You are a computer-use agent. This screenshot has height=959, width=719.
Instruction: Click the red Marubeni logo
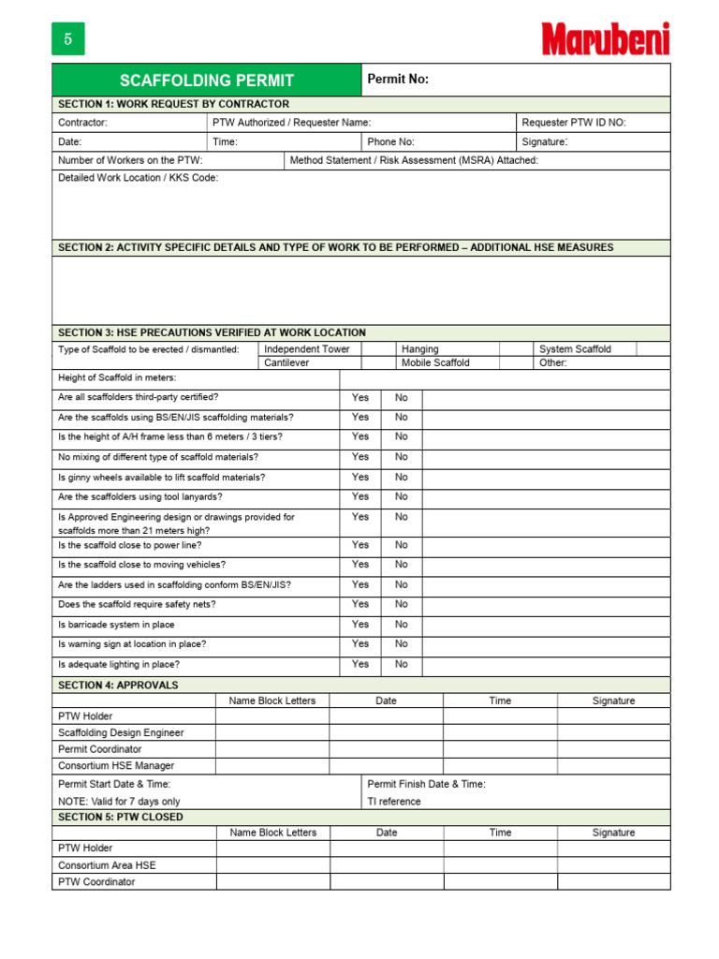pyautogui.click(x=606, y=38)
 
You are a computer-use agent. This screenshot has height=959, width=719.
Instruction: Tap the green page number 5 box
pyautogui.click(x=67, y=39)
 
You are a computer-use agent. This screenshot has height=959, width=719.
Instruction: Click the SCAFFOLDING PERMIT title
pyautogui.click(x=206, y=81)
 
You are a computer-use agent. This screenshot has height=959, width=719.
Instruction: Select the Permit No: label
pyautogui.click(x=398, y=80)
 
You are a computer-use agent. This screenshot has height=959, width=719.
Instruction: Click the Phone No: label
pyautogui.click(x=390, y=142)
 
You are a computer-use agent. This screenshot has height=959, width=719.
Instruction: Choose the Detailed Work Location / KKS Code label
pyautogui.click(x=138, y=178)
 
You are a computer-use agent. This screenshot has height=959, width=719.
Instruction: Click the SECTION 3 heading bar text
pyautogui.click(x=212, y=332)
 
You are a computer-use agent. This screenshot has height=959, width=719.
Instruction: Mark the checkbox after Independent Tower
pyautogui.click(x=377, y=349)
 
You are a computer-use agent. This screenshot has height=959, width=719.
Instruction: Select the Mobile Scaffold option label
pyautogui.click(x=435, y=362)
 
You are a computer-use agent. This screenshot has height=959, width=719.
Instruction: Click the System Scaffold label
pyautogui.click(x=574, y=349)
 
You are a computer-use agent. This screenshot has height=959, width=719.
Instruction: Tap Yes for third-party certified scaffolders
pyautogui.click(x=360, y=398)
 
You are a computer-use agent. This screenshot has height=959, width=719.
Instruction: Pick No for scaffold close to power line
pyautogui.click(x=402, y=545)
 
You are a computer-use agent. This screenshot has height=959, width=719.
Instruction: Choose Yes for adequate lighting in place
pyautogui.click(x=360, y=664)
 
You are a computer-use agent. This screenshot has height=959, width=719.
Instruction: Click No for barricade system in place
pyautogui.click(x=402, y=625)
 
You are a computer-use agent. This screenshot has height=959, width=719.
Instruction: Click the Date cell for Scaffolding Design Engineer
pyautogui.click(x=386, y=733)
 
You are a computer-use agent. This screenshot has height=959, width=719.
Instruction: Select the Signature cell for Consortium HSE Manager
pyautogui.click(x=613, y=766)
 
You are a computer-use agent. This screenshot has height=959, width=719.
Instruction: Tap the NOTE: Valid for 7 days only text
pyautogui.click(x=119, y=802)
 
